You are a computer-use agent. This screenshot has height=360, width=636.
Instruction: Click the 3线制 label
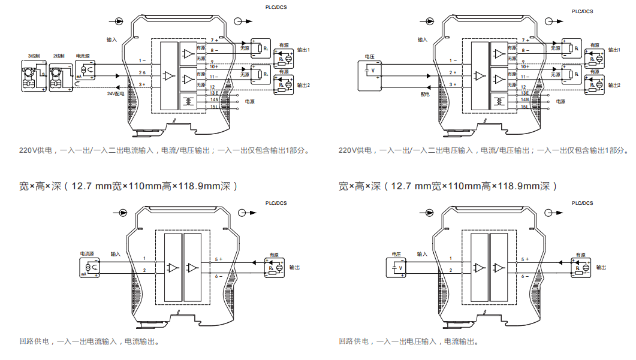[34, 56]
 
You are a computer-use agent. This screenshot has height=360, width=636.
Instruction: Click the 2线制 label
[59, 56]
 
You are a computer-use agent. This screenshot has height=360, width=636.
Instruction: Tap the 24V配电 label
[116, 94]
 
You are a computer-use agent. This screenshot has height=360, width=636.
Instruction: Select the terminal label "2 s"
[142, 73]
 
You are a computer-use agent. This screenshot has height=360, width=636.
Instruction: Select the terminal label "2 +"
[453, 73]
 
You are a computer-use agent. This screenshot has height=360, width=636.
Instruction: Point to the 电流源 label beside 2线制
[84, 56]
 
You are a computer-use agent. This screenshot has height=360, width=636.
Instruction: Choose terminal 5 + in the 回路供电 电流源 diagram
[218, 259]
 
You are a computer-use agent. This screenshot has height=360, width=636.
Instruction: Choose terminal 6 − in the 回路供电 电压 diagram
[525, 276]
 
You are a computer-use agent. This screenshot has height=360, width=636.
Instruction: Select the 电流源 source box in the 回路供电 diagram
[88, 267]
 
